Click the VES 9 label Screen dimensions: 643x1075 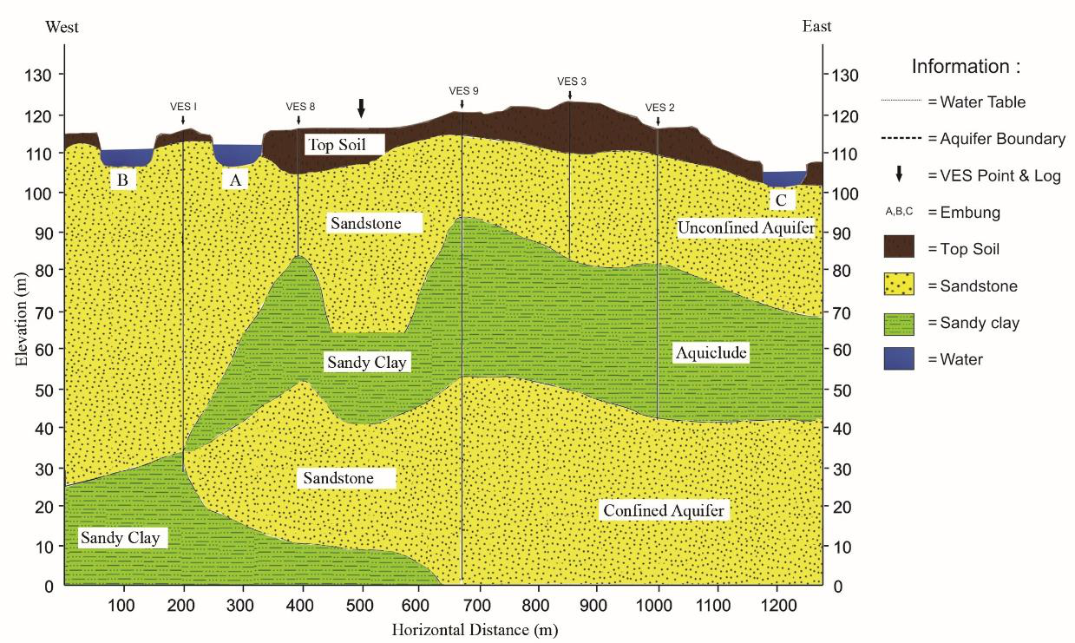point(463,90)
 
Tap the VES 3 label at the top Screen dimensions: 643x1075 point(572,82)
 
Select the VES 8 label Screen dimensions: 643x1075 point(300,107)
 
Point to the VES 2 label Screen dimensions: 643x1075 point(659,108)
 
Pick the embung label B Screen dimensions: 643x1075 point(123,180)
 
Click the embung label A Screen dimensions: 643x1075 point(233,180)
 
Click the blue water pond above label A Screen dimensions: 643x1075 point(237,154)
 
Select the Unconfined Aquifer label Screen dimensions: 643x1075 point(746,228)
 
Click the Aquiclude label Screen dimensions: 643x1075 point(711,353)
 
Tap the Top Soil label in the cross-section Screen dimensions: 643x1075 point(343,144)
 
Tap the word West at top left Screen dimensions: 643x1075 point(62,27)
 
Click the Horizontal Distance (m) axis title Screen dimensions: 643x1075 point(472,630)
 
